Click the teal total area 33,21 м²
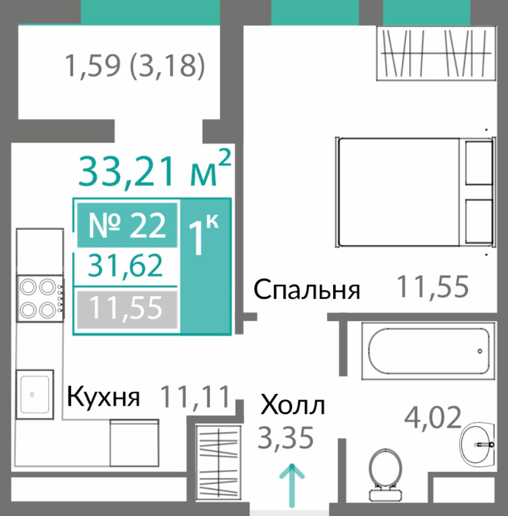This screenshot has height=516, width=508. [155, 170]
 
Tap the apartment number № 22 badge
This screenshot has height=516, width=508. [127, 225]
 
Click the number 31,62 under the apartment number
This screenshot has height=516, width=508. [125, 265]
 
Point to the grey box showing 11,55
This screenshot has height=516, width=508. [127, 309]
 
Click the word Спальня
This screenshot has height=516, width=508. [307, 290]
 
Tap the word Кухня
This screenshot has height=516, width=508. [103, 397]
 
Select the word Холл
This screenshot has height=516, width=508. [293, 405]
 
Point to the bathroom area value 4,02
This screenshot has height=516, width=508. [433, 417]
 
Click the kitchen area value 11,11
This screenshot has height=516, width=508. [195, 397]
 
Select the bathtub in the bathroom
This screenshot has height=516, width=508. [428, 351]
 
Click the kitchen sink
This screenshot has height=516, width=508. [35, 394]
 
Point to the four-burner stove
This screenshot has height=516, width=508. [40, 298]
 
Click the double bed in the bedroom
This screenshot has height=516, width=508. [416, 192]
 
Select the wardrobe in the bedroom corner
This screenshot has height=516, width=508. [436, 53]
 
